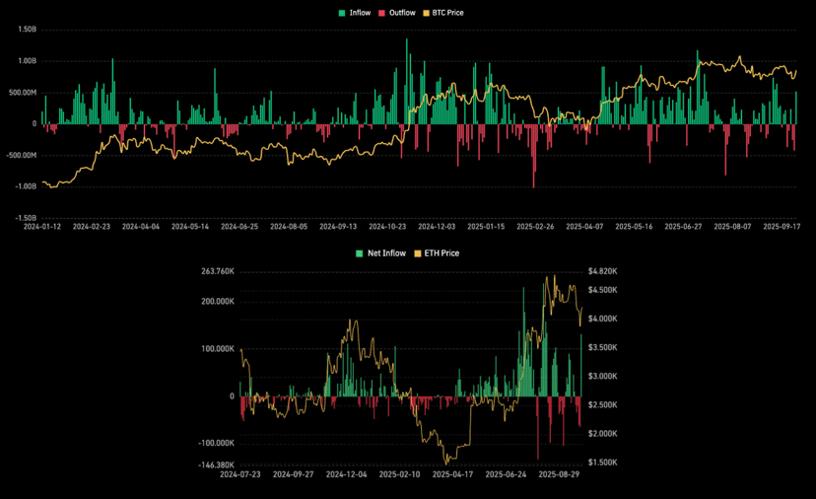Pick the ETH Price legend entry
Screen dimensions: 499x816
(x=437, y=253)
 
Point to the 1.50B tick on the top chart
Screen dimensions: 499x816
(x=27, y=30)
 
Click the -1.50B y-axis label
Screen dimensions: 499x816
(x=25, y=218)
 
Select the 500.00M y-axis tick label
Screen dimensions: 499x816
(x=23, y=93)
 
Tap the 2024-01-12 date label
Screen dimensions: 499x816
(x=42, y=227)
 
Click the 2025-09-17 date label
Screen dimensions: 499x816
(x=782, y=227)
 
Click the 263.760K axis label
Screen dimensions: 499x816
(x=216, y=271)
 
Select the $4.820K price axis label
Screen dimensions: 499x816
(x=602, y=271)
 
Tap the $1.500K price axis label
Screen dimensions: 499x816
(x=602, y=462)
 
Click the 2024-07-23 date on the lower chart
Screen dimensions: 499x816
(x=241, y=474)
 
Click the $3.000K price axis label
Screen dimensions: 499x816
(x=602, y=376)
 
